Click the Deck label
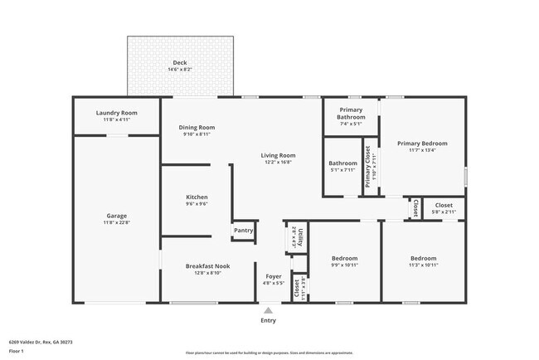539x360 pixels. click(x=179, y=63)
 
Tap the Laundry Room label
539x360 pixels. click(x=116, y=113)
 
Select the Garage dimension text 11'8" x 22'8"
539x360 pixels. click(x=116, y=221)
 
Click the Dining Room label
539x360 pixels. click(x=197, y=127)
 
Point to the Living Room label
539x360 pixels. click(x=279, y=155)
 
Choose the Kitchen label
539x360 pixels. click(x=197, y=197)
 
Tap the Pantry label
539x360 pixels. click(x=243, y=231)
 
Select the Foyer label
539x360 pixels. click(x=274, y=275)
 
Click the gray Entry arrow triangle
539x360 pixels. click(x=268, y=310)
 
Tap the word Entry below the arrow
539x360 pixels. click(x=268, y=320)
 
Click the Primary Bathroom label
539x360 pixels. click(x=351, y=114)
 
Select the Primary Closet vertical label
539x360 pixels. click(x=367, y=167)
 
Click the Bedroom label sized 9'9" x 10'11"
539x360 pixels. click(x=344, y=258)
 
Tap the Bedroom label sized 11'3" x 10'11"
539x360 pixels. click(x=423, y=258)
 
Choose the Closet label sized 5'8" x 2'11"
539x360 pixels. click(x=444, y=205)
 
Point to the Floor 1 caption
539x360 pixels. click(x=17, y=351)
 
